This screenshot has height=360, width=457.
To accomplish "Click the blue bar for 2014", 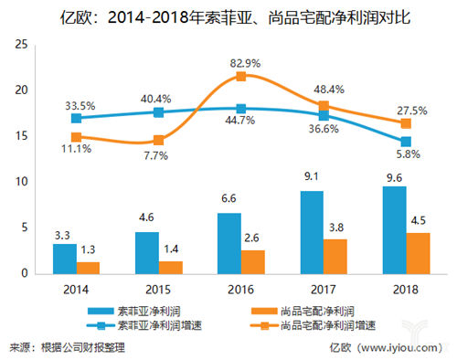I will (x=64, y=259).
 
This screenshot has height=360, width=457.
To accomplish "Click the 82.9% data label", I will (x=240, y=61).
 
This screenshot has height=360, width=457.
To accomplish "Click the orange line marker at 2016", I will (x=240, y=77).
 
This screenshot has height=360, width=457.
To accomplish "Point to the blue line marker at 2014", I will (x=77, y=118).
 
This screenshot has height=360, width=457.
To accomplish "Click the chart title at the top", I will (x=228, y=15).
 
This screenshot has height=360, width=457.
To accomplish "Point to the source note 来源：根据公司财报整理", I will (x=69, y=347).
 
